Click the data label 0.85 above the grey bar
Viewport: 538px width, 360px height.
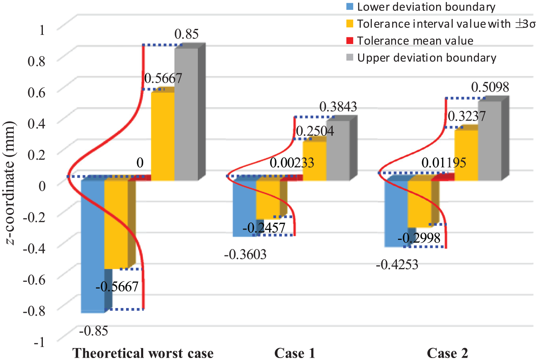[186, 34]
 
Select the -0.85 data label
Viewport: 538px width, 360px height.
[94, 331]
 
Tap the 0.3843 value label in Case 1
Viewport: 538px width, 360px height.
[338, 107]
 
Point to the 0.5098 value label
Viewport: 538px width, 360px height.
[490, 87]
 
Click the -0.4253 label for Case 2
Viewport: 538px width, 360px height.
[397, 265]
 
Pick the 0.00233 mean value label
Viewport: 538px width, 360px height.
[292, 163]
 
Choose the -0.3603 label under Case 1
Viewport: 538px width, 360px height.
[245, 255]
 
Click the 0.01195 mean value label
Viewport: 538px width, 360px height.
[444, 163]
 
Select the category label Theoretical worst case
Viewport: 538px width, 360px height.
[143, 353]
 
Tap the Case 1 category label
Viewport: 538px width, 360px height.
[295, 353]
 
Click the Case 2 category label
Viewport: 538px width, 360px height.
[448, 353]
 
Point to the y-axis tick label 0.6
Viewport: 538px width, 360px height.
[36, 92]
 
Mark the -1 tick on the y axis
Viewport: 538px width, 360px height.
[39, 342]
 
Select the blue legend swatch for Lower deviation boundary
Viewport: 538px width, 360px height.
[350, 6]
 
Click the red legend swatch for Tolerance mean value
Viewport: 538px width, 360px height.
[350, 40]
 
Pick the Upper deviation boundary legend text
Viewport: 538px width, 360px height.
[427, 58]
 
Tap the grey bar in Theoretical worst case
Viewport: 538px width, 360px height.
[186, 114]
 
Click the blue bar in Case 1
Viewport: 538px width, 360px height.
[245, 209]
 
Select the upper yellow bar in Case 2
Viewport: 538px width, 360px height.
[466, 155]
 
